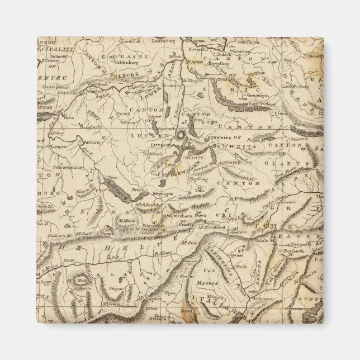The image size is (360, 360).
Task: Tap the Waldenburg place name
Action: point(124,79)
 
